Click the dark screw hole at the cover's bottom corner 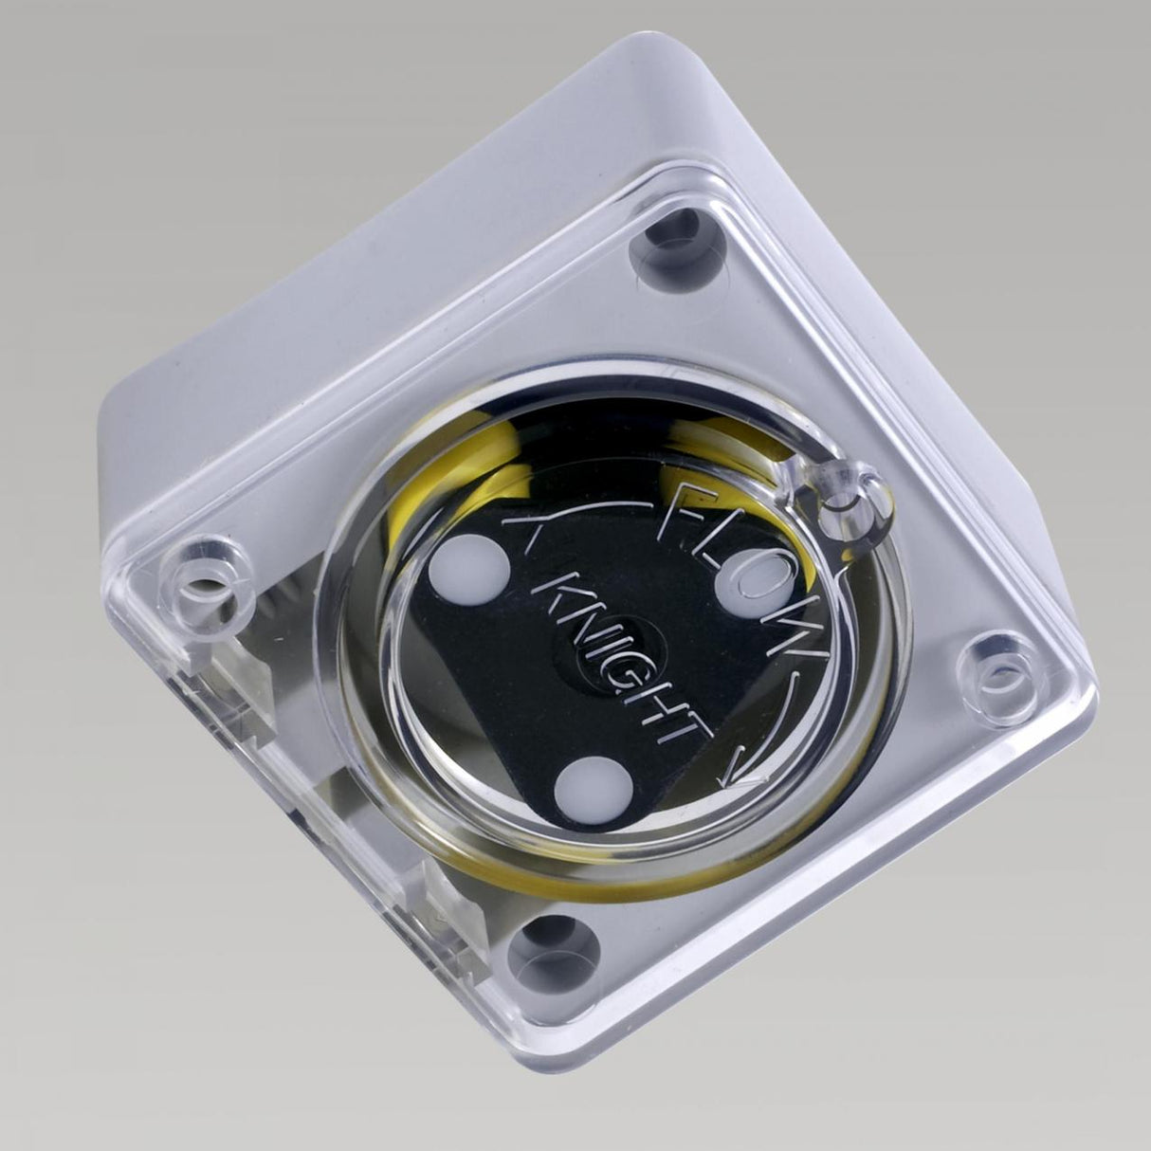pyautogui.click(x=556, y=948)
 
